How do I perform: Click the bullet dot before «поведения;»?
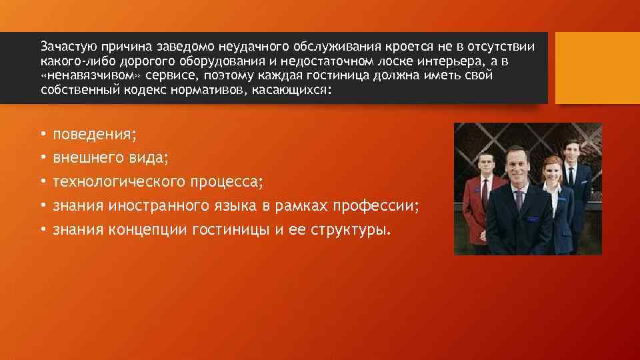coord(43,135)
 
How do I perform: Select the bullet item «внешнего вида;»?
coord(110,158)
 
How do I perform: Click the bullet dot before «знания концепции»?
coord(43,230)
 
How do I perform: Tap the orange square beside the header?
coord(597,67)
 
